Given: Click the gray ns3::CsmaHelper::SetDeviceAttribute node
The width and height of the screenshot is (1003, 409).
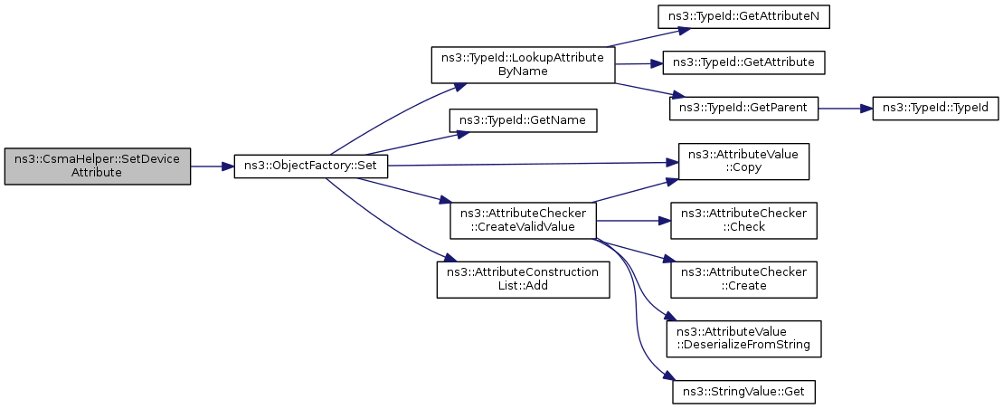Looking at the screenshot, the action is pyautogui.click(x=98, y=166).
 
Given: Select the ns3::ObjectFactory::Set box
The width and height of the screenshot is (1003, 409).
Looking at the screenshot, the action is pyautogui.click(x=310, y=166).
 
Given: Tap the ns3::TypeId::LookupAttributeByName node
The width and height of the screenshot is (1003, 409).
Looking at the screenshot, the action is pyautogui.click(x=524, y=64).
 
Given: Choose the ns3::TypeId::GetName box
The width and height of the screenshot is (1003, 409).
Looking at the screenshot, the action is pyautogui.click(x=524, y=120).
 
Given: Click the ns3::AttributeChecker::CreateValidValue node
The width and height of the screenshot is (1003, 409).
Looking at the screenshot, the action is pyautogui.click(x=524, y=221).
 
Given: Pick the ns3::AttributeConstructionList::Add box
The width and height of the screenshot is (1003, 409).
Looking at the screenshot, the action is pyautogui.click(x=524, y=279).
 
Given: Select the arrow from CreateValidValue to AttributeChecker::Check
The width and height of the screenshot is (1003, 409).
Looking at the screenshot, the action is pyautogui.click(x=633, y=221).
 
